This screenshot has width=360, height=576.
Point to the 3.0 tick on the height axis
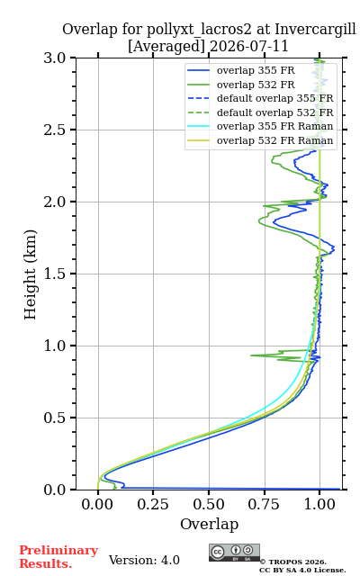[54, 58]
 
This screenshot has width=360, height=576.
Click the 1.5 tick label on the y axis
[54, 274]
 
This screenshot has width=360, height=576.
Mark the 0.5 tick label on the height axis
[54, 418]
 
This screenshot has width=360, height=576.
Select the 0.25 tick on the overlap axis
[153, 504]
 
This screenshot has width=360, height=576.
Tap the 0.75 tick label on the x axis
[264, 504]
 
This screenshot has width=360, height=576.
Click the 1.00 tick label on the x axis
[319, 504]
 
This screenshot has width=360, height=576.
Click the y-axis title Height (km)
[30, 274]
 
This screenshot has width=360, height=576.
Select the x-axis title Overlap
[209, 524]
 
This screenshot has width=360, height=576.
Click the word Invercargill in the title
[315, 29]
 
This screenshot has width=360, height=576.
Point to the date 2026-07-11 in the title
[248, 46]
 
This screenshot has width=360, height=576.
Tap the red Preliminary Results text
[58, 556]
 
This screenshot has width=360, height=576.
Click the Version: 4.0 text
[144, 560]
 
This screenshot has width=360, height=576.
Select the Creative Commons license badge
[234, 553]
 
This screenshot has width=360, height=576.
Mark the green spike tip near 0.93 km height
[251, 355]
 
